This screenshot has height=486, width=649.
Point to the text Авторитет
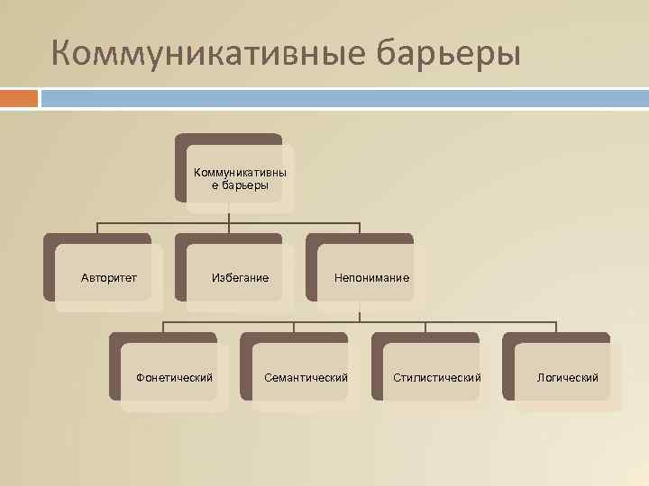pos(109,278)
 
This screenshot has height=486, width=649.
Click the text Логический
pos(568,377)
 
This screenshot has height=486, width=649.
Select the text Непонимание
pos(371,278)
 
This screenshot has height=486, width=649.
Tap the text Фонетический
pos(174,377)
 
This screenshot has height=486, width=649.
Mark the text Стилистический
pos(437,377)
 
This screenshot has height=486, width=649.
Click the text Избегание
pos(240,278)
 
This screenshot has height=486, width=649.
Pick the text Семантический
pos(306,377)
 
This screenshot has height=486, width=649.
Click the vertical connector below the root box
pos(229,216)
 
